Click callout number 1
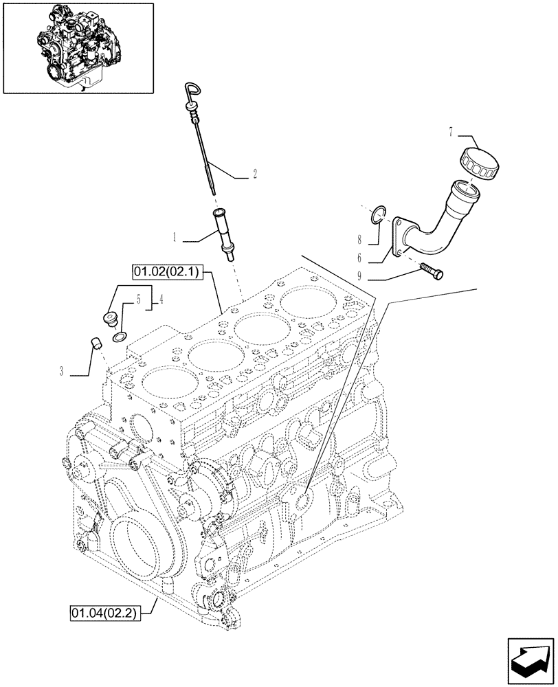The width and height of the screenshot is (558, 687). pyautogui.click(x=175, y=238)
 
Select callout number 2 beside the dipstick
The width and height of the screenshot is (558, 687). pyautogui.click(x=254, y=175)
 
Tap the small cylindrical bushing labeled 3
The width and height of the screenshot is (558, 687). pyautogui.click(x=98, y=341)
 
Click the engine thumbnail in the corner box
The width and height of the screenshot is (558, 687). pyautogui.click(x=78, y=47)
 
